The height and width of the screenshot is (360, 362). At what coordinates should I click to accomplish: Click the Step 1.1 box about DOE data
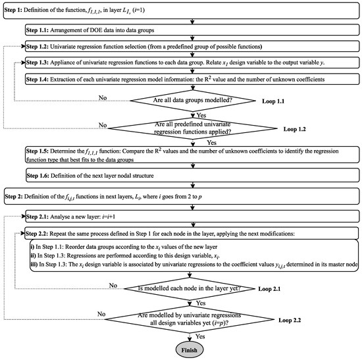coord(190,31)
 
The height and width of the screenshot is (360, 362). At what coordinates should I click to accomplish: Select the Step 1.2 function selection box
coord(190,47)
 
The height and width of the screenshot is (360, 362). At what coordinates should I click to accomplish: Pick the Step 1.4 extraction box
coord(190,79)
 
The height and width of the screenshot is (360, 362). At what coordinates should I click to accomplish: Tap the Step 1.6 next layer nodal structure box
coord(190,177)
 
